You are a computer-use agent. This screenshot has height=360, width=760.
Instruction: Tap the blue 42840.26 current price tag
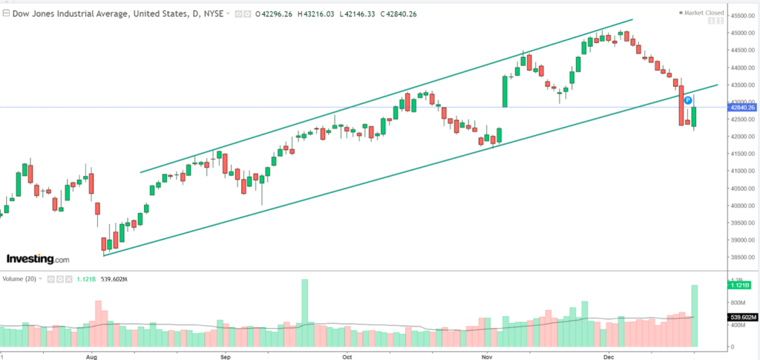pyautogui.click(x=741, y=108)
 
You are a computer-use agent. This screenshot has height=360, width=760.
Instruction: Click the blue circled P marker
pyautogui.click(x=687, y=99)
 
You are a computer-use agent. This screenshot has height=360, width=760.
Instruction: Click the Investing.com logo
pyautogui.click(x=38, y=259)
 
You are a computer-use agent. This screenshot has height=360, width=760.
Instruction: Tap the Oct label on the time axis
pyautogui.click(x=347, y=356)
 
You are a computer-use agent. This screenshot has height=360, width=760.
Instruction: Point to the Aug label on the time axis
pyautogui.click(x=91, y=356)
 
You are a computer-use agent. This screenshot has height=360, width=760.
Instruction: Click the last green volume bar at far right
pyautogui.click(x=695, y=316)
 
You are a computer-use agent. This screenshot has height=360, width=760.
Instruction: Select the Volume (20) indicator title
pyautogui.click(x=19, y=279)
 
